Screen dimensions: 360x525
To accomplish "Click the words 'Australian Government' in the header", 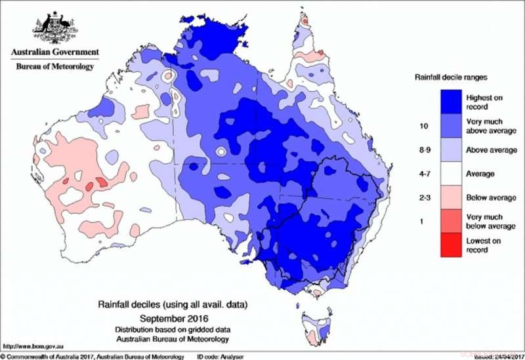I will coord(54,52).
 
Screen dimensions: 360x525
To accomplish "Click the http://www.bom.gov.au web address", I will coord(31,345).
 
